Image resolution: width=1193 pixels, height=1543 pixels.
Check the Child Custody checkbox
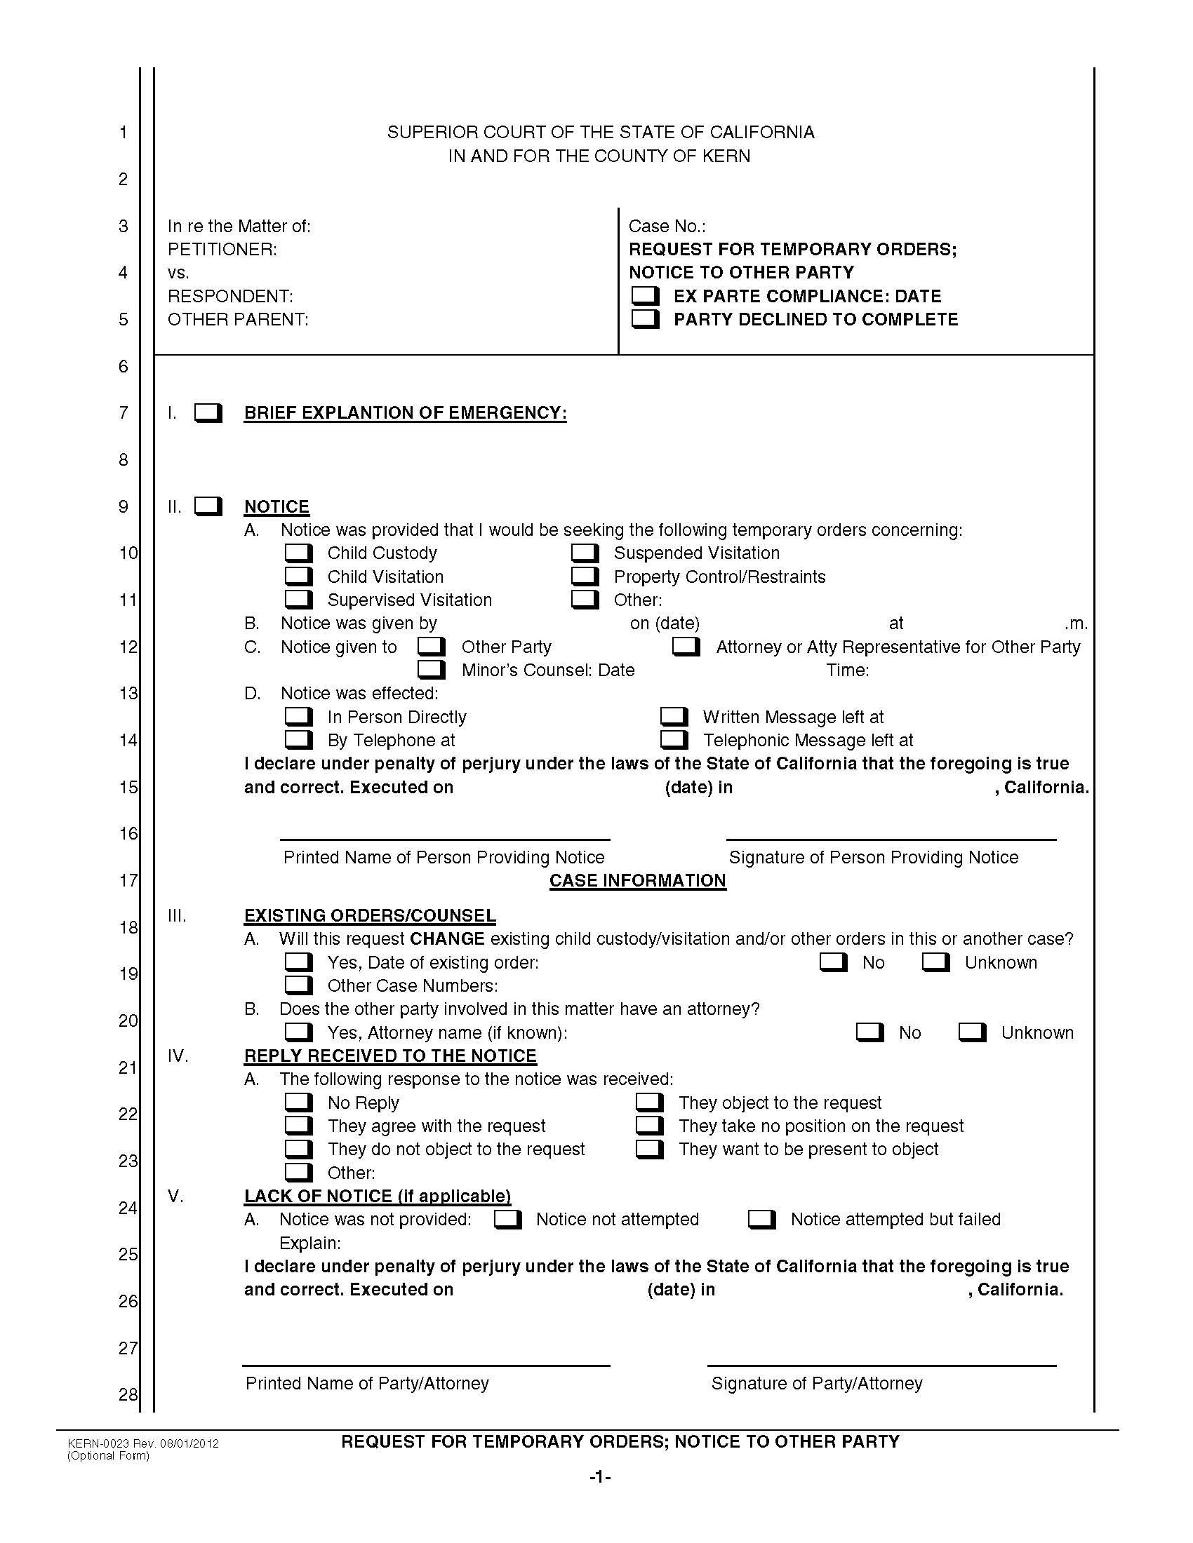tap(298, 553)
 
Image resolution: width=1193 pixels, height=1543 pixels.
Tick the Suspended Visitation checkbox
tap(585, 553)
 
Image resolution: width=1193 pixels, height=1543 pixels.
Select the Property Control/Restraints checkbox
tap(585, 576)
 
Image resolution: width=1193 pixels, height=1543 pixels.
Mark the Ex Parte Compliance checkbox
tap(644, 295)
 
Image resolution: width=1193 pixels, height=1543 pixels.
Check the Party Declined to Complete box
tap(644, 318)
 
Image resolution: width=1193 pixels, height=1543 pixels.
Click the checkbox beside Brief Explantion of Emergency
tap(208, 412)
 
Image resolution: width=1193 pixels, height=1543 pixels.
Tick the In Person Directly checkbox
tap(298, 716)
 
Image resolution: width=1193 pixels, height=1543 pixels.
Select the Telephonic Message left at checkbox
tap(674, 740)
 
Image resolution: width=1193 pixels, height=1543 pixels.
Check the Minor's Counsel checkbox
tap(431, 669)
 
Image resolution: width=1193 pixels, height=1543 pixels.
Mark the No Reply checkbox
tap(298, 1102)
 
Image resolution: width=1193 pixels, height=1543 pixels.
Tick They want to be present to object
tap(649, 1149)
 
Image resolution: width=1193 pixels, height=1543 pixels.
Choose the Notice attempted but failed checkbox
tap(761, 1219)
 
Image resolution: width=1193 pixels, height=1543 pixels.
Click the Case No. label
tap(667, 226)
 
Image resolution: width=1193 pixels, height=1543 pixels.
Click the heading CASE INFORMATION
tap(637, 880)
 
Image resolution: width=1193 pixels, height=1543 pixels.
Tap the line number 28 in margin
tap(127, 1394)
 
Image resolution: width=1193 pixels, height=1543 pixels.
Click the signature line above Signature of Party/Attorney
tap(881, 1365)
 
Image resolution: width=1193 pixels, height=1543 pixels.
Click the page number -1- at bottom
tap(599, 1476)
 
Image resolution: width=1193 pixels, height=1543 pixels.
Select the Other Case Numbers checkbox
tap(298, 985)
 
